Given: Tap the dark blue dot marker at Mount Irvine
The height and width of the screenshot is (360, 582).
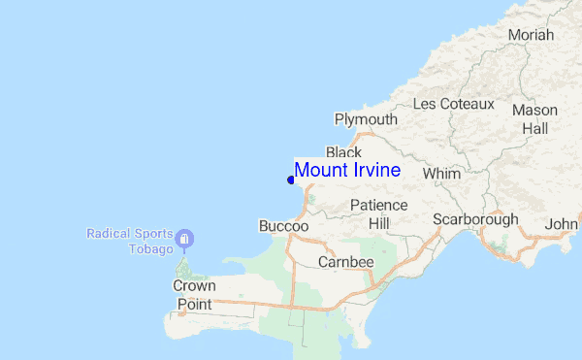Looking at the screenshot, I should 291,180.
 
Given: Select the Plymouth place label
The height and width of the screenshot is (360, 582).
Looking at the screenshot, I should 366,119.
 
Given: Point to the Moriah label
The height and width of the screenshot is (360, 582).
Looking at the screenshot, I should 531,35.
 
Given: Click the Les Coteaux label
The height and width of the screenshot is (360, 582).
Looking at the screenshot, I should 453,104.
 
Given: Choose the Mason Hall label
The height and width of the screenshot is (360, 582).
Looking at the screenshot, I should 534,118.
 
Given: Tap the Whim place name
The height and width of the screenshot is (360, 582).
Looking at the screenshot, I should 441,174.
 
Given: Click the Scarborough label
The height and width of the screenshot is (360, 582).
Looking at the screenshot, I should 475,219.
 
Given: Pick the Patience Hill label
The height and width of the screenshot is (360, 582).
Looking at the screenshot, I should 378,214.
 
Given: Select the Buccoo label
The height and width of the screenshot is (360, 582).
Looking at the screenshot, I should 283,226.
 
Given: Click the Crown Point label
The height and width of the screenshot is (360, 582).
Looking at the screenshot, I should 194,295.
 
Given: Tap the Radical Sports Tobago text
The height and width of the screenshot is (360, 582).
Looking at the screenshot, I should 130,242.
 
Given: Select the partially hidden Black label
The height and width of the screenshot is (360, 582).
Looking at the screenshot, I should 343,152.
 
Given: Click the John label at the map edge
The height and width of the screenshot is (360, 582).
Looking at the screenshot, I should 562,224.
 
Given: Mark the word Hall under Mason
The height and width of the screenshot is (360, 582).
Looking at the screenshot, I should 534,128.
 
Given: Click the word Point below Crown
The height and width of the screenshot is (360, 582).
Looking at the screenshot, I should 194,305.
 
